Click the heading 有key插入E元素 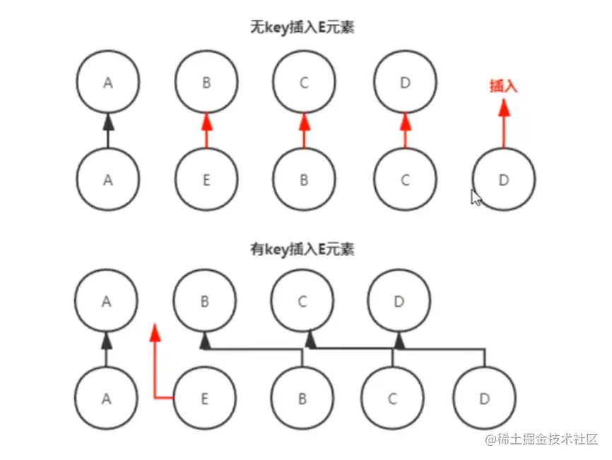tap(302, 249)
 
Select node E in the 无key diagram tap(206, 180)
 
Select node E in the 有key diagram tap(204, 399)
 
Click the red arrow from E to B tap(206, 131)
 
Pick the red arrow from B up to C tap(305, 131)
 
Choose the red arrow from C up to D tap(405, 131)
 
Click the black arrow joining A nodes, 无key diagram tap(107, 131)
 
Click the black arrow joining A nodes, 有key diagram tap(107, 350)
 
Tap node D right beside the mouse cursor tap(503, 180)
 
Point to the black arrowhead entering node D tap(399, 342)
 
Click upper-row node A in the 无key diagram tap(107, 83)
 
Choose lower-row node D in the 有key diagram tap(484, 399)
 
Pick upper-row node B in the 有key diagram tap(205, 301)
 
